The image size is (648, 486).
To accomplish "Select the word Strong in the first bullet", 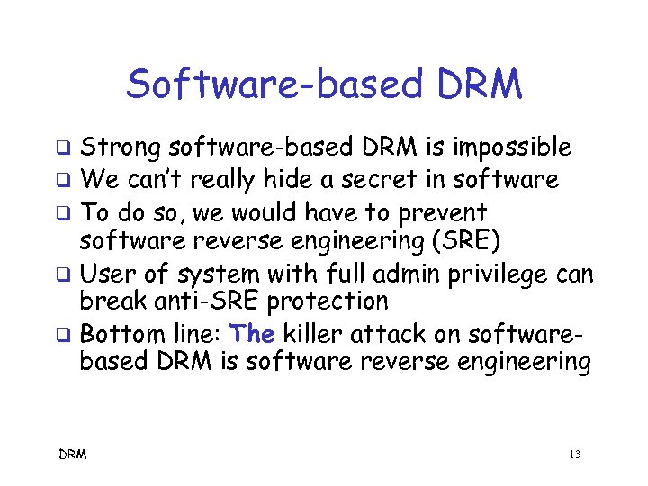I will click(121, 147).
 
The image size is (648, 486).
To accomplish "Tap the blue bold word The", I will click(252, 334).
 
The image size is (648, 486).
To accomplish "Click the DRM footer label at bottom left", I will click(73, 454).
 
